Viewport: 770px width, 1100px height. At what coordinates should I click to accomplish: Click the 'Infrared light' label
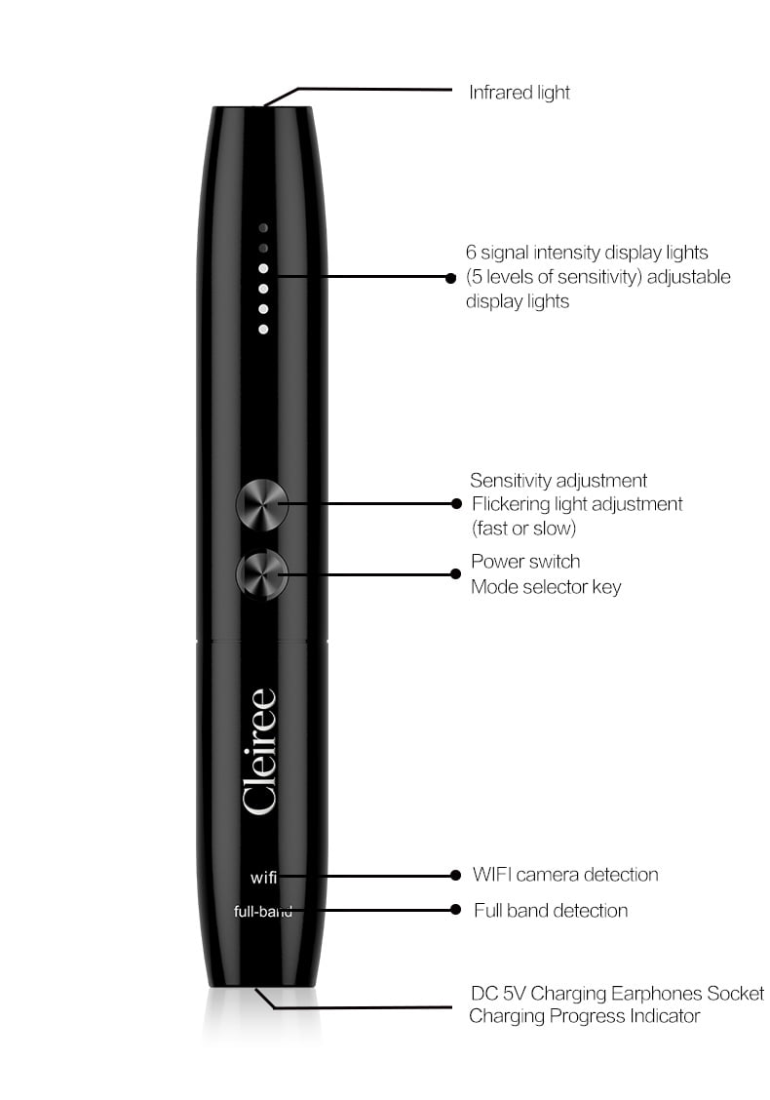[x=519, y=93]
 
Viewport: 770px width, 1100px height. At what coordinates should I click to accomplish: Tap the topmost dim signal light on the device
[x=263, y=228]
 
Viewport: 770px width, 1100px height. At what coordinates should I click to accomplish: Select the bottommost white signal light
[x=263, y=329]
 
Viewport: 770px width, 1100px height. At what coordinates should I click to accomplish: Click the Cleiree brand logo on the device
[x=258, y=751]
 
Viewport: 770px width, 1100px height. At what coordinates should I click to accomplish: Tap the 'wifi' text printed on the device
[x=264, y=878]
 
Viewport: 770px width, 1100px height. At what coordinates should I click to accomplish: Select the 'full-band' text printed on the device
[x=263, y=911]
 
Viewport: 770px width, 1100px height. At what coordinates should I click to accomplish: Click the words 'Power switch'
[x=525, y=562]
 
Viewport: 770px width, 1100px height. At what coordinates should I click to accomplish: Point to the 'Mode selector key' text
[x=546, y=586]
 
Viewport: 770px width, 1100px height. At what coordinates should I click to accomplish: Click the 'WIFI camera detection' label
[x=565, y=874]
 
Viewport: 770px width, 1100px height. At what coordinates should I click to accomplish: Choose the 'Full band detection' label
[x=551, y=910]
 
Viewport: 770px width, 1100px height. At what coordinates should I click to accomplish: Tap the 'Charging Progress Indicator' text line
[x=584, y=1016]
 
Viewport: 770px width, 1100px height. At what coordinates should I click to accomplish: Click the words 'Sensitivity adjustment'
[x=558, y=481]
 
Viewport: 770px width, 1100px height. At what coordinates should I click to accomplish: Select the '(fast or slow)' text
[x=523, y=528]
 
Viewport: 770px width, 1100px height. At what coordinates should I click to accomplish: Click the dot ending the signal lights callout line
[x=451, y=278]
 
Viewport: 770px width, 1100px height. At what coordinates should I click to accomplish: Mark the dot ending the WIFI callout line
[x=456, y=875]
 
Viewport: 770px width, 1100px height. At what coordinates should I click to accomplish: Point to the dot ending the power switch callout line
[x=455, y=573]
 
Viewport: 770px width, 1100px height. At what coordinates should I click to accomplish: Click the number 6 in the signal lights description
[x=471, y=253]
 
